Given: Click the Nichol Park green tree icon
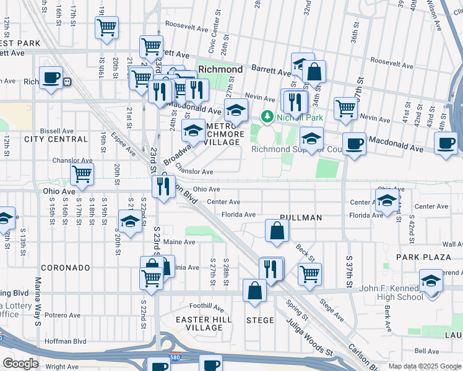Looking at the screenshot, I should pos(267,116).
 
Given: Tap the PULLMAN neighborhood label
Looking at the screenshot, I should pos(300,218).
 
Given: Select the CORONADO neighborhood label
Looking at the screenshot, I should pos(66,268).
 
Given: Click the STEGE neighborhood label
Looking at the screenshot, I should pos(260,320).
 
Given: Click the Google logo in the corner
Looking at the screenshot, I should pos(20,364).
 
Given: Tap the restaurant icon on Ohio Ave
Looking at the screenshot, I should pos(163,185).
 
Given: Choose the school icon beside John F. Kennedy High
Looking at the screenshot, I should pos(431,280).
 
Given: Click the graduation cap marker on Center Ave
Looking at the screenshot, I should pos(387,201).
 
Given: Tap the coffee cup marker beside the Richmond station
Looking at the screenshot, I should pos(51,78).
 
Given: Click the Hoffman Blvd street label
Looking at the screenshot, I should pos(67,341).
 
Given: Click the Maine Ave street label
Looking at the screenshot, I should pos(180,242).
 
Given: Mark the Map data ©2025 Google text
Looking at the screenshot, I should pos(424,366).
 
